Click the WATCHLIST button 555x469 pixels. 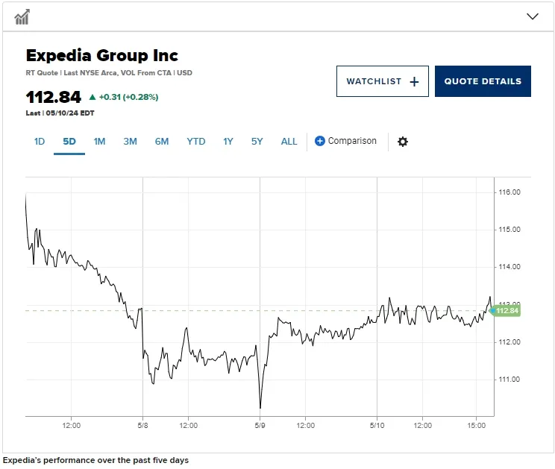pyautogui.click(x=382, y=81)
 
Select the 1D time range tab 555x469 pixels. pyautogui.click(x=40, y=141)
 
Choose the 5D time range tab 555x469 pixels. pyautogui.click(x=69, y=141)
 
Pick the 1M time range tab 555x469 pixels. pyautogui.click(x=99, y=141)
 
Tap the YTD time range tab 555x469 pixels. pyautogui.click(x=195, y=141)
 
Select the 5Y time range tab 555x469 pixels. pyautogui.click(x=257, y=141)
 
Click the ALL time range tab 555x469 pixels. pyautogui.click(x=289, y=141)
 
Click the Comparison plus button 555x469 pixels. pyautogui.click(x=320, y=141)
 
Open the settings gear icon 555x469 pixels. pyautogui.click(x=403, y=142)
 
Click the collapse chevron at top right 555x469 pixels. pyautogui.click(x=533, y=16)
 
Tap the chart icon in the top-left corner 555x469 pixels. pyautogui.click(x=22, y=16)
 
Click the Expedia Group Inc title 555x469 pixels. pyautogui.click(x=102, y=55)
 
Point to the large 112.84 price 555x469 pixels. pyautogui.click(x=54, y=97)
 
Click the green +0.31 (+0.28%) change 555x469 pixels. pyautogui.click(x=124, y=97)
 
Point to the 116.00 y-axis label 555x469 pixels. pyautogui.click(x=509, y=192)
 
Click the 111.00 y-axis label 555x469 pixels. pyautogui.click(x=509, y=380)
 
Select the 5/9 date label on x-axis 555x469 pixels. pyautogui.click(x=260, y=426)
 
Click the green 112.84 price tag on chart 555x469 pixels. pyautogui.click(x=506, y=311)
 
